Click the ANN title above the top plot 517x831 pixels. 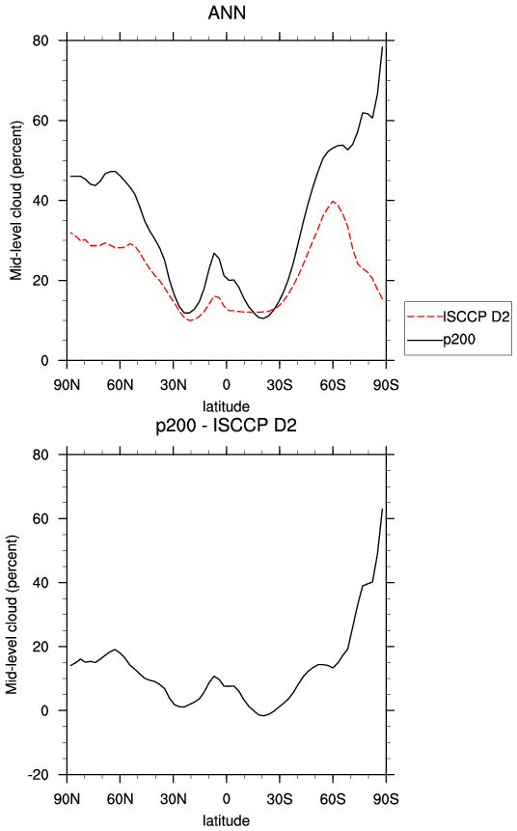pos(227,13)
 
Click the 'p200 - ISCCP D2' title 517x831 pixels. pos(226,425)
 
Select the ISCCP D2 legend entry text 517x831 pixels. pos(476,317)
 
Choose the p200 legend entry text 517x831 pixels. pos(459,339)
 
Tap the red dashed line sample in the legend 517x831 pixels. pos(425,317)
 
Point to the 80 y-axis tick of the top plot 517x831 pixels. pos(41,41)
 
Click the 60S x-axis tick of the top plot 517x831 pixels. pos(333,385)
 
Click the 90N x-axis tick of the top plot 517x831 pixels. pos(68,385)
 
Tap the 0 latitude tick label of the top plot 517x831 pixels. pos(226,385)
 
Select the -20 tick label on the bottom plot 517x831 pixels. pos(38,775)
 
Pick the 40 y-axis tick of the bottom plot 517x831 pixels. pos(41,582)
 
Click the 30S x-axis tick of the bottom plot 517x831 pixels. pos(279,799)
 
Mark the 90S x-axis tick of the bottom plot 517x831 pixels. pos(386,799)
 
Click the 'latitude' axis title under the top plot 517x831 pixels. pos(226,406)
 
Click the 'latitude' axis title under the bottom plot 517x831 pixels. pos(226,820)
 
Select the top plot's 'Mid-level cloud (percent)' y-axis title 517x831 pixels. pos(16,201)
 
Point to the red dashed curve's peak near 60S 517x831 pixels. pos(333,201)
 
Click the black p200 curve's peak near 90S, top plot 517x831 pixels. pos(382,46)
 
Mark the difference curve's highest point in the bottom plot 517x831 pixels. pos(382,509)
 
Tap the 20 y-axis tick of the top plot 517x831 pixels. pos(41,280)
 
